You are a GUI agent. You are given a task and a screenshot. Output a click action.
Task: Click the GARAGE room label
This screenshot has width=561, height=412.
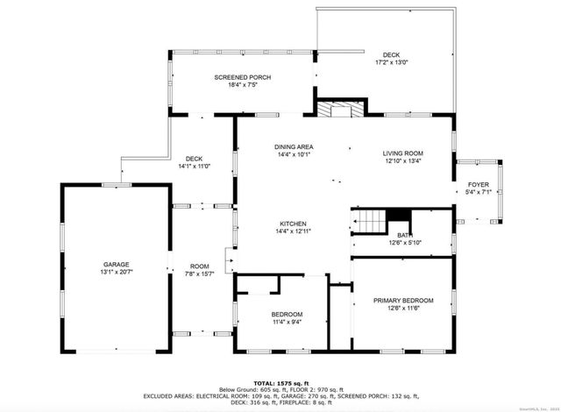117,264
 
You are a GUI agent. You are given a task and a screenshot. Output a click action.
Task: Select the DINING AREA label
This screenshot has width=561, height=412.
294,146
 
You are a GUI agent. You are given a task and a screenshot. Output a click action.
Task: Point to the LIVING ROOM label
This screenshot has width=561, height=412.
402,153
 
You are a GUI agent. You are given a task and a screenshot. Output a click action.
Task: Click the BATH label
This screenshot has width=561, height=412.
403,235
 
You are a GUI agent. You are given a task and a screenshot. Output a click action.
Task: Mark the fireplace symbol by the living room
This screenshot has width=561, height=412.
333,110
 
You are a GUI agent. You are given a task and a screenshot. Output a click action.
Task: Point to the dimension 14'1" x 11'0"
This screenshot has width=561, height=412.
194,166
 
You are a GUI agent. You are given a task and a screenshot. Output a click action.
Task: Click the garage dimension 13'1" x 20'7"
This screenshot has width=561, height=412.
117,272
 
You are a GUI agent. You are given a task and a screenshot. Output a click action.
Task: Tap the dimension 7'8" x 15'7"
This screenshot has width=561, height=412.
200,273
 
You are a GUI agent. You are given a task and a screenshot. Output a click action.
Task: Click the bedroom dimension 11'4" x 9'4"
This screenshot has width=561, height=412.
287,322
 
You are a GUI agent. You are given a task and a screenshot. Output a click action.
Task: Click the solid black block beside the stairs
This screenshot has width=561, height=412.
399,216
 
